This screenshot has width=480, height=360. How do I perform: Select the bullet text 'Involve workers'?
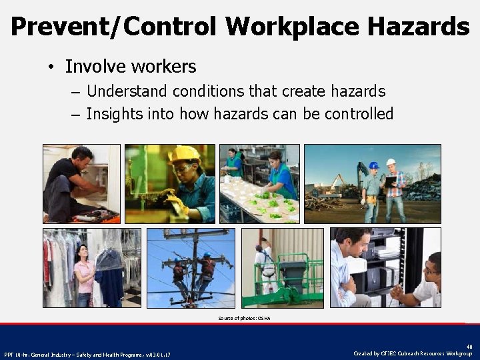tap(131, 67)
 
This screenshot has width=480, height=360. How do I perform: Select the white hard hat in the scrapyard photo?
tap(391, 162)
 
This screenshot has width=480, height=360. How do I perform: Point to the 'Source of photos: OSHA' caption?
tap(244, 319)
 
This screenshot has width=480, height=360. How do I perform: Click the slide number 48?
tap(469, 347)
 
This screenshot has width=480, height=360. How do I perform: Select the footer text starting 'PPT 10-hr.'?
tap(87, 354)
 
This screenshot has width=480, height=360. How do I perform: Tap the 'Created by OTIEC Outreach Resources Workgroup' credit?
tap(413, 353)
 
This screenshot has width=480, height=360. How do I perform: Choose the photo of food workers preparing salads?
tap(259, 183)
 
